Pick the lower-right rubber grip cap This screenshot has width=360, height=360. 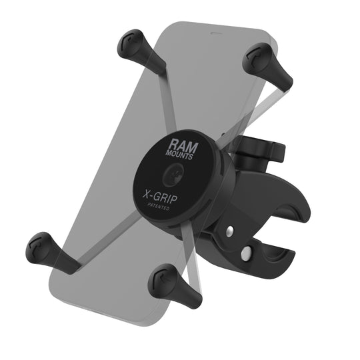[x=163, y=281]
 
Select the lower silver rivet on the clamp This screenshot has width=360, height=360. [x=247, y=253]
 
